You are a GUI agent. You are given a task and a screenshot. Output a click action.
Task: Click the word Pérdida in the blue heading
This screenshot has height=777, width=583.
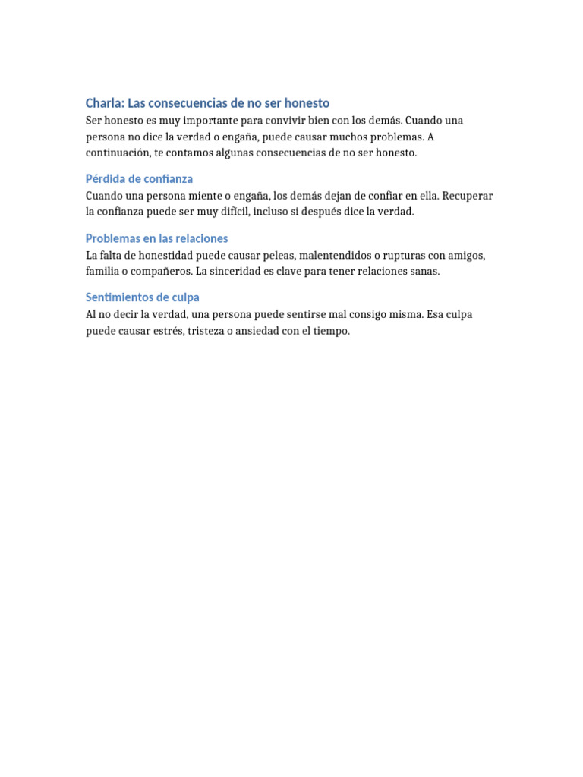tap(104, 179)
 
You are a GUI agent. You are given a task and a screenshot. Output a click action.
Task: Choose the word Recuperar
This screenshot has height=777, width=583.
tap(468, 196)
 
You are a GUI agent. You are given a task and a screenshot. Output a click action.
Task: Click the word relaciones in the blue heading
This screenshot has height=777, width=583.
tap(199, 238)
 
